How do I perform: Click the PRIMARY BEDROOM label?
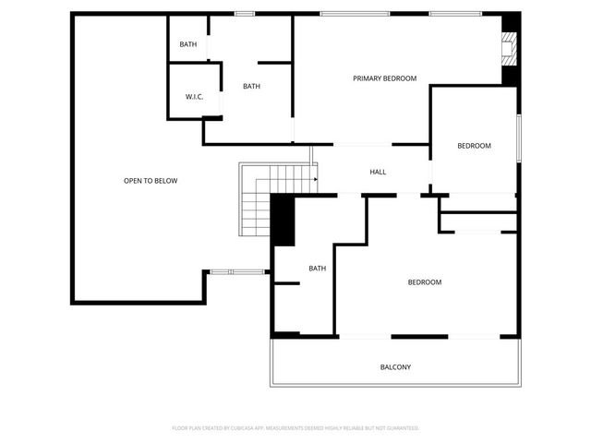tap(385, 78)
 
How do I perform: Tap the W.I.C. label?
tap(194, 97)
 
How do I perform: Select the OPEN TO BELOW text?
tap(151, 181)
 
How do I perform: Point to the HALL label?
tap(378, 173)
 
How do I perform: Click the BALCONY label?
tap(395, 367)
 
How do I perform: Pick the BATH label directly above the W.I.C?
tap(188, 44)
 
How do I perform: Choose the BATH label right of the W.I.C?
tap(251, 87)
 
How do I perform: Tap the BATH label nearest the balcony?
tap(317, 269)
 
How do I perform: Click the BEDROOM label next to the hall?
tap(474, 146)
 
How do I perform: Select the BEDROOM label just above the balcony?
tap(425, 282)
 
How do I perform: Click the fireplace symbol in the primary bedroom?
tap(507, 49)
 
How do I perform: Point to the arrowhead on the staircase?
tap(315, 179)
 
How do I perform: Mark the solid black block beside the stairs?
tap(283, 222)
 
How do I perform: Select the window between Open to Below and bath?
tap(235, 271)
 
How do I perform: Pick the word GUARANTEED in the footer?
tap(398, 428)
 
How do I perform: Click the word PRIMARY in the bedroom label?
tap(367, 78)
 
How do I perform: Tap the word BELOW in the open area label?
tap(164, 181)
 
